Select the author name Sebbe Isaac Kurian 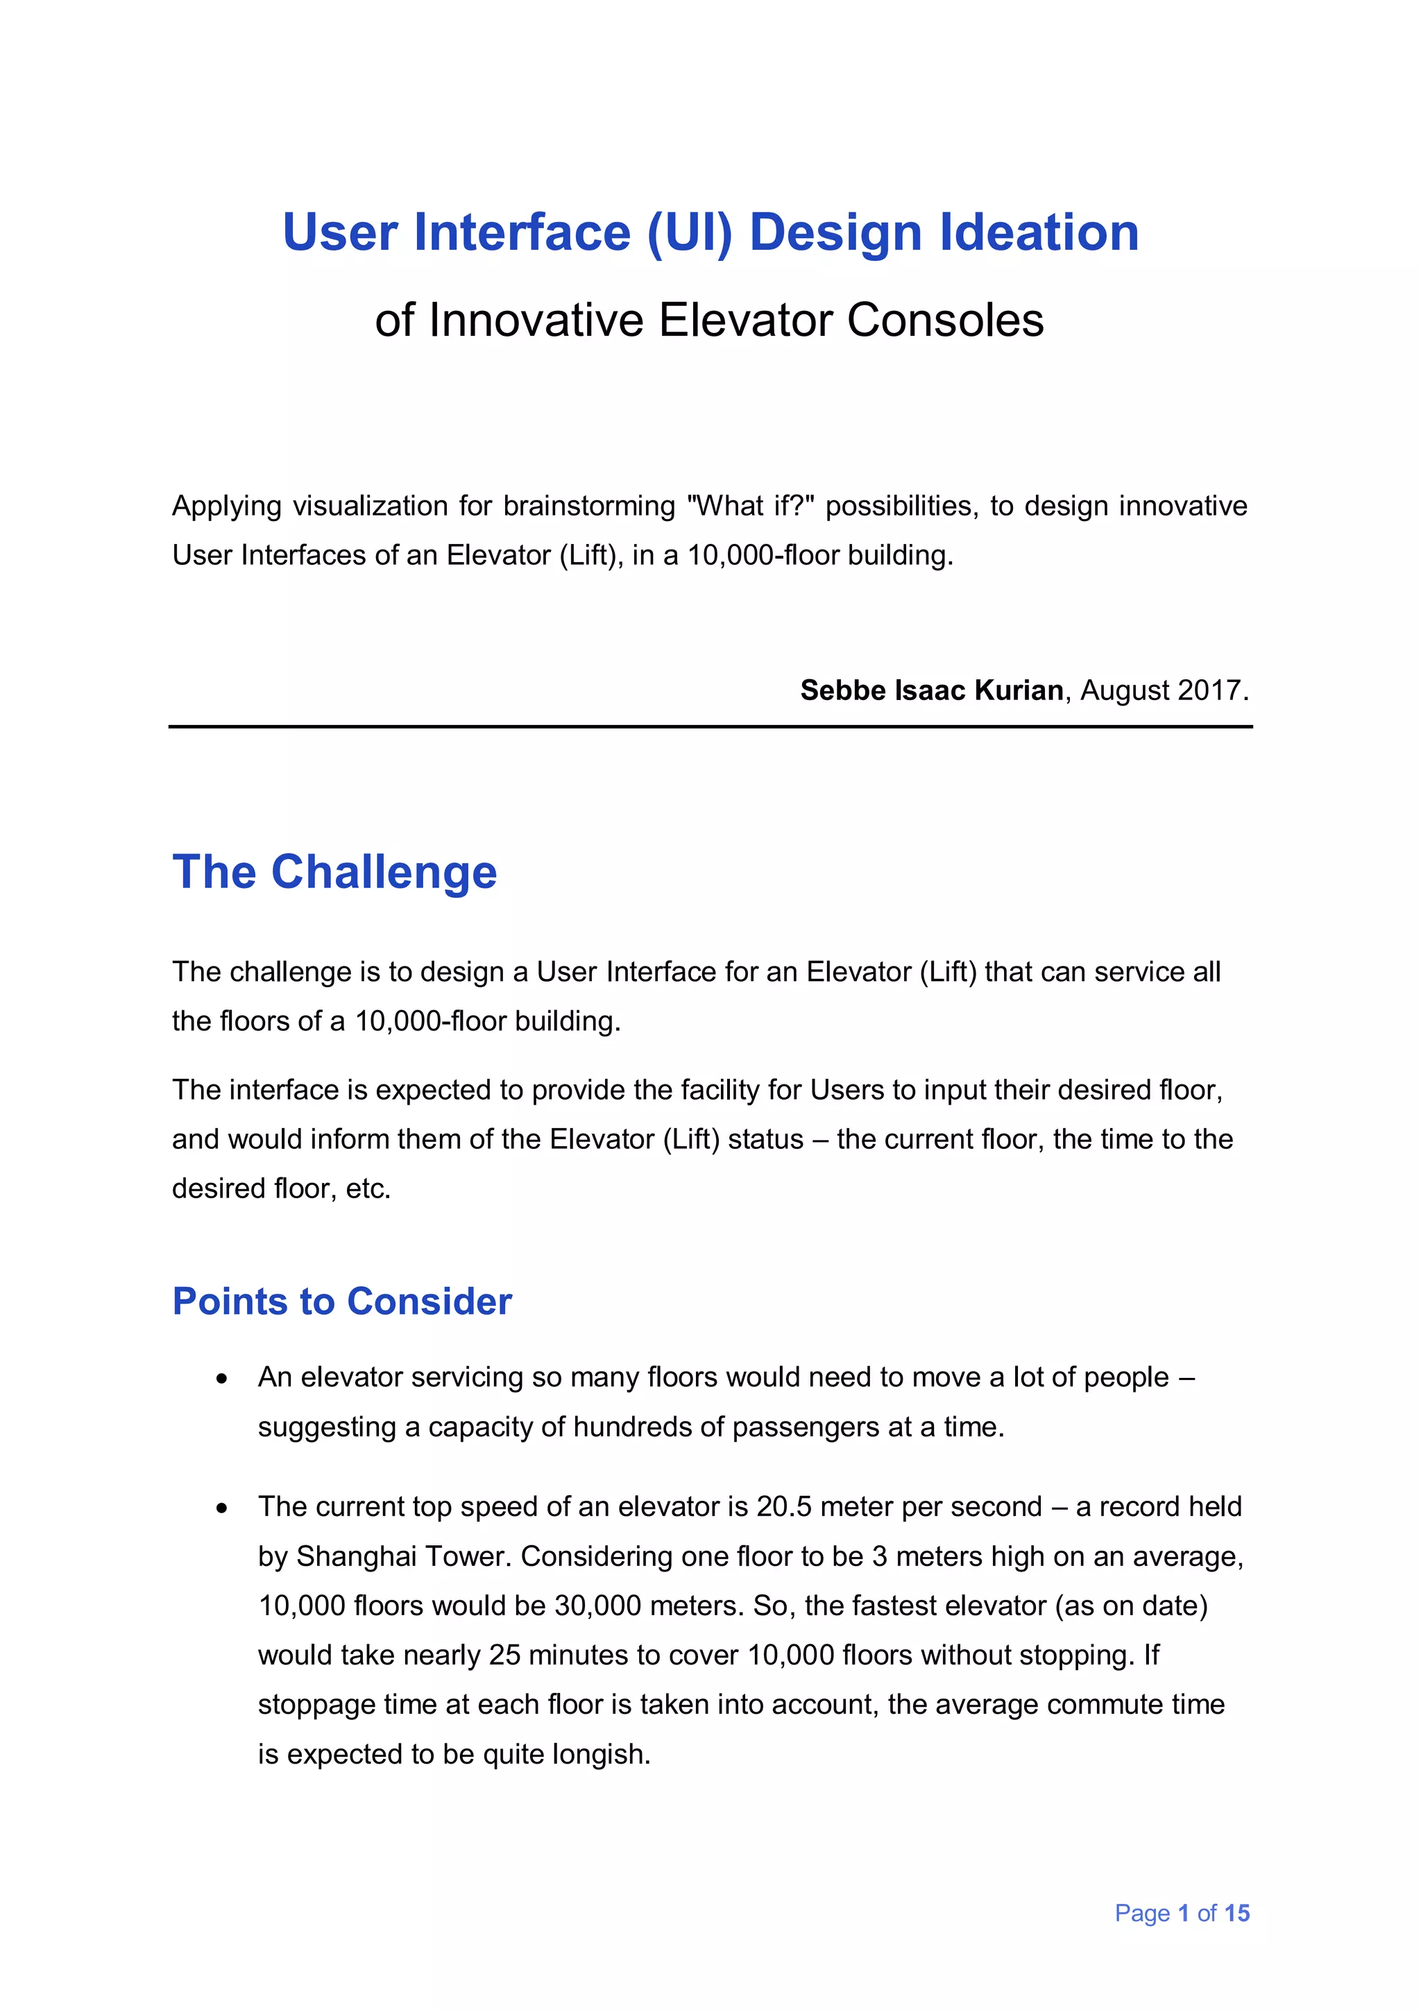click(930, 691)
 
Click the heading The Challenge click(334, 873)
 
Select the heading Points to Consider click(341, 1302)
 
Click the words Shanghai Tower click(404, 1556)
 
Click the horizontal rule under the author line click(710, 726)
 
